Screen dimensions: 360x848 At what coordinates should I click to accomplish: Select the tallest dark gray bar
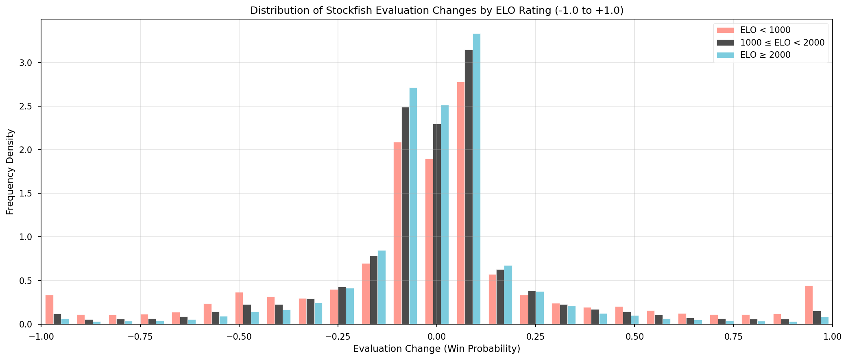click(x=469, y=187)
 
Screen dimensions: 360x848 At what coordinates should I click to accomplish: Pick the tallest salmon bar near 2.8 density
click(x=460, y=203)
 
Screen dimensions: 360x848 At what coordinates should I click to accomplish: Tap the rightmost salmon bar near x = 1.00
click(x=809, y=305)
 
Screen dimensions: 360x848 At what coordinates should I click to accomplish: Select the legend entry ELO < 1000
click(x=765, y=30)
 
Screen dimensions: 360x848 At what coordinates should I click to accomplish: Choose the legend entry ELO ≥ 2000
click(x=765, y=55)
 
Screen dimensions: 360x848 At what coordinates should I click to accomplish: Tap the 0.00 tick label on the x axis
click(x=436, y=336)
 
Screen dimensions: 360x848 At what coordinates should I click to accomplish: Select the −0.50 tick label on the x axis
click(x=238, y=336)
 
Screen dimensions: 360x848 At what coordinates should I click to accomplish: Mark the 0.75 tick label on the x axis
click(x=733, y=336)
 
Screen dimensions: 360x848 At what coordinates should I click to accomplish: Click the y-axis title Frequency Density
click(x=10, y=172)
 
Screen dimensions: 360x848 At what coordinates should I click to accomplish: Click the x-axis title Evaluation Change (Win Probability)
click(x=436, y=349)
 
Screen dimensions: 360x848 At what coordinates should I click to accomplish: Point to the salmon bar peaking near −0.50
click(x=239, y=308)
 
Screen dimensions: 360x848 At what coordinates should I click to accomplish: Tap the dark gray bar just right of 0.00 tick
click(x=437, y=224)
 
